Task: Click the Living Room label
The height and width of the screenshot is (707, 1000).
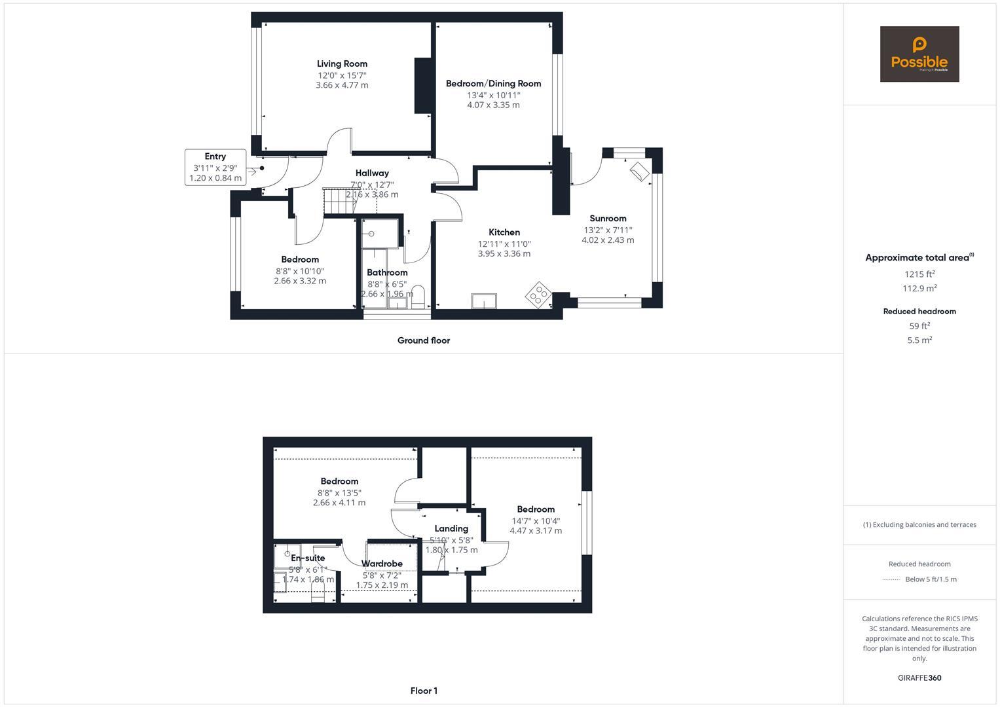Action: (x=342, y=64)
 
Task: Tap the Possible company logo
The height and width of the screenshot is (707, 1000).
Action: (x=919, y=54)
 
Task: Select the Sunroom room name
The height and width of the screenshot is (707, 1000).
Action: (x=608, y=219)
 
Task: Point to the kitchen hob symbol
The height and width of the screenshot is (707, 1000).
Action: (x=538, y=295)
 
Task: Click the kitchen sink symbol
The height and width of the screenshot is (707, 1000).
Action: (x=484, y=300)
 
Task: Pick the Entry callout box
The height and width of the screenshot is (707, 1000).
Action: (x=215, y=167)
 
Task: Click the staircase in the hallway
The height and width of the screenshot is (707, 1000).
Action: (x=341, y=201)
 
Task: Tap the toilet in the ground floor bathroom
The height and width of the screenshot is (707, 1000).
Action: (x=418, y=295)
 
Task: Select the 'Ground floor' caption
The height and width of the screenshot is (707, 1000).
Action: (x=424, y=340)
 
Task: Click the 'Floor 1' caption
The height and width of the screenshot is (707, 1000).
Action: (x=424, y=691)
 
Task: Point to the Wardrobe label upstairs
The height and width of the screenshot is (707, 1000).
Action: (x=382, y=564)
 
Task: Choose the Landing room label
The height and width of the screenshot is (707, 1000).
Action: (x=451, y=529)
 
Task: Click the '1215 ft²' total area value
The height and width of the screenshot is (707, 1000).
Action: (x=919, y=274)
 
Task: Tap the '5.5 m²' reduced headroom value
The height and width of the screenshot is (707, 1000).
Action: (x=919, y=340)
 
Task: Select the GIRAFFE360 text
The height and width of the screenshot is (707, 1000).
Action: (x=919, y=678)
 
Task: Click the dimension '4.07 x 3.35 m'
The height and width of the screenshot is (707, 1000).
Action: (x=493, y=105)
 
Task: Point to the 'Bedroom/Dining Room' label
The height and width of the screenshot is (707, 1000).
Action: (x=493, y=84)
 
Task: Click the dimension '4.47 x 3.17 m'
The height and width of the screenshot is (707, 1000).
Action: (x=536, y=531)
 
